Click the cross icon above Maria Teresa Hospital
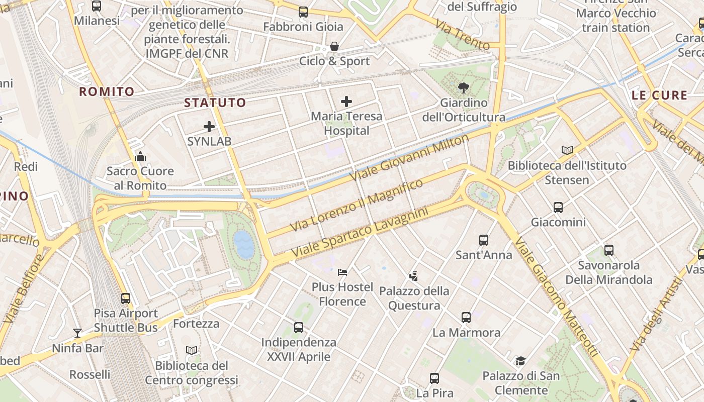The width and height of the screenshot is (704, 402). pyautogui.click(x=346, y=102)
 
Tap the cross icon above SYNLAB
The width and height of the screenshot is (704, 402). pyautogui.click(x=209, y=127)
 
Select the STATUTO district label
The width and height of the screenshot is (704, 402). pyautogui.click(x=215, y=103)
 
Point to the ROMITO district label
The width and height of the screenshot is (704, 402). pyautogui.click(x=107, y=91)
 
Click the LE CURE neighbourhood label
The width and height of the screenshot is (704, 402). pyautogui.click(x=659, y=95)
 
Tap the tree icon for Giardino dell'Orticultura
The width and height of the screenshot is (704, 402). pyautogui.click(x=463, y=88)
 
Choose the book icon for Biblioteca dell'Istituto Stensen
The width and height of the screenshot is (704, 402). pyautogui.click(x=567, y=150)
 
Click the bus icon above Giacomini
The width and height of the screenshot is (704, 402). pyautogui.click(x=558, y=207)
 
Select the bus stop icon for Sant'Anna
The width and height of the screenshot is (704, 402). pyautogui.click(x=484, y=240)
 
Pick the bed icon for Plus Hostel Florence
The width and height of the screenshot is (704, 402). pyautogui.click(x=342, y=272)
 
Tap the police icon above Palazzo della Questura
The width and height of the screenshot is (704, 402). pyautogui.click(x=413, y=276)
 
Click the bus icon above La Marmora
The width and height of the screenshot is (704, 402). pyautogui.click(x=466, y=318)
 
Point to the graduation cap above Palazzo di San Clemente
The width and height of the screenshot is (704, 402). pyautogui.click(x=520, y=361)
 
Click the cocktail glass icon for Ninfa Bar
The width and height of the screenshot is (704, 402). pyautogui.click(x=77, y=333)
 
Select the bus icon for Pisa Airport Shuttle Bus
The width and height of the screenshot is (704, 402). pyautogui.click(x=126, y=298)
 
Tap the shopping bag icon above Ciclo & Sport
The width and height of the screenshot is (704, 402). pyautogui.click(x=334, y=47)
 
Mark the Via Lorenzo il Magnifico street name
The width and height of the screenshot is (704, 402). pyautogui.click(x=357, y=206)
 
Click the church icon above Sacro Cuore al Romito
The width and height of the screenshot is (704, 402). pyautogui.click(x=140, y=156)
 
